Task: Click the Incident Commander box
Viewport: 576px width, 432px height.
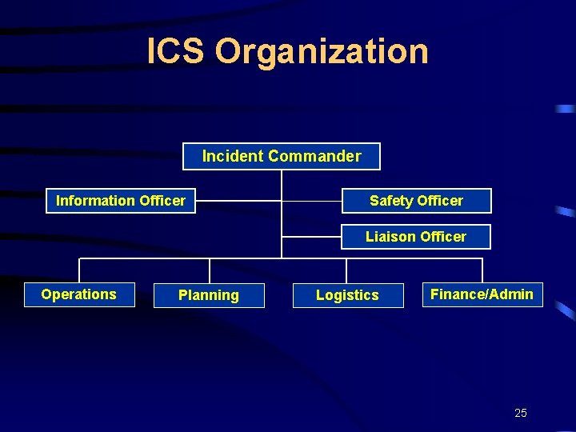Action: [x=282, y=157]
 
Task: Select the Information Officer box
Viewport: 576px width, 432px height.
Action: [x=121, y=201]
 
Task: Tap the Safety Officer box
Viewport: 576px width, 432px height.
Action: [x=416, y=201]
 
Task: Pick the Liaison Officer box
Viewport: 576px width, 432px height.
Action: [x=416, y=237]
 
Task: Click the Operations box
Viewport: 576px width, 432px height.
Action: [x=79, y=294]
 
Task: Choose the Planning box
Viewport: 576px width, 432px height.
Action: [x=209, y=295]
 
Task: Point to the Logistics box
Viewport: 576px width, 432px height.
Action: [x=347, y=295]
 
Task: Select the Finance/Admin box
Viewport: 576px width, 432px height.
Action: [x=482, y=294]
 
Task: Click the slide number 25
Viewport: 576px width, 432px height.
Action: [x=521, y=413]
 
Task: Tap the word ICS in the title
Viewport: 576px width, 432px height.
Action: [x=177, y=51]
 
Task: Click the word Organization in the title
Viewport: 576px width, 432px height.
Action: [x=322, y=51]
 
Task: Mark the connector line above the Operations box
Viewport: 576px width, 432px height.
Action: [x=79, y=270]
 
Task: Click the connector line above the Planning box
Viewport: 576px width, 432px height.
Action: [x=210, y=270]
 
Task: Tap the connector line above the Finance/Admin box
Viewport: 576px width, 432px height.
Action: [x=482, y=270]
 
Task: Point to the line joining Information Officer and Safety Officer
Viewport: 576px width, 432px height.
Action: [x=240, y=201]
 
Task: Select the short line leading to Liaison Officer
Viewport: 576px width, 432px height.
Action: [x=312, y=237]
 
